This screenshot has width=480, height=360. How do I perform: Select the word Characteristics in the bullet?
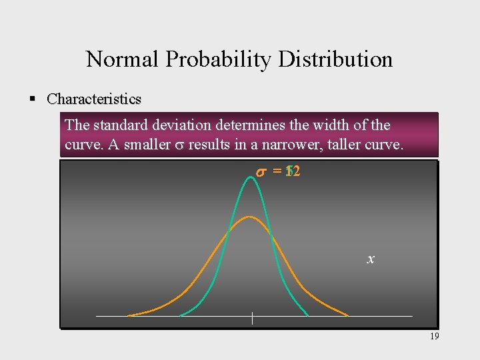pyautogui.click(x=94, y=99)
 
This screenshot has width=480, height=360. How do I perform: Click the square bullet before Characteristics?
pyautogui.click(x=31, y=99)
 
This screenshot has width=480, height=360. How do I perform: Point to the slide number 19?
pyautogui.click(x=434, y=337)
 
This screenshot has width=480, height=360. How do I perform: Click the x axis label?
pyautogui.click(x=370, y=259)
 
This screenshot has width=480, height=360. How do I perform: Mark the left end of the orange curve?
pyautogui.click(x=129, y=315)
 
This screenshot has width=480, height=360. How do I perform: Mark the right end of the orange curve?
pyautogui.click(x=348, y=315)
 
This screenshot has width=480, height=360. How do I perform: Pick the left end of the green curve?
pyautogui.click(x=180, y=315)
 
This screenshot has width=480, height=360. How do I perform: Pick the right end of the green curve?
pyautogui.click(x=307, y=315)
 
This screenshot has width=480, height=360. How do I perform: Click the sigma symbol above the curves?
pyautogui.click(x=261, y=172)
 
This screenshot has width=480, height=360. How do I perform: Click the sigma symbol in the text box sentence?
pyautogui.click(x=179, y=145)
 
